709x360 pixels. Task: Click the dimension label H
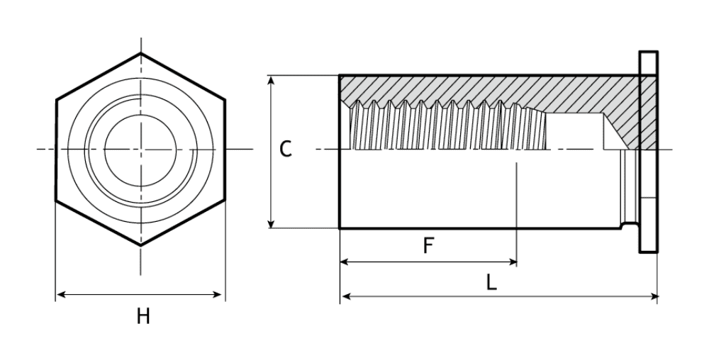click(x=143, y=316)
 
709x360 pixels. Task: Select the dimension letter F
click(x=428, y=245)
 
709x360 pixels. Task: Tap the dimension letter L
click(x=491, y=282)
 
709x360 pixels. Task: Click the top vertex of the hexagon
click(x=140, y=53)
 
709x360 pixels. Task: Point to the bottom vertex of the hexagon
click(x=140, y=245)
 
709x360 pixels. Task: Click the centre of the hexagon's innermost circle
click(x=140, y=149)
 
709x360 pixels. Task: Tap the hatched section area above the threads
click(x=482, y=88)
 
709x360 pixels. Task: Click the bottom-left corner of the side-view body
click(x=340, y=227)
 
